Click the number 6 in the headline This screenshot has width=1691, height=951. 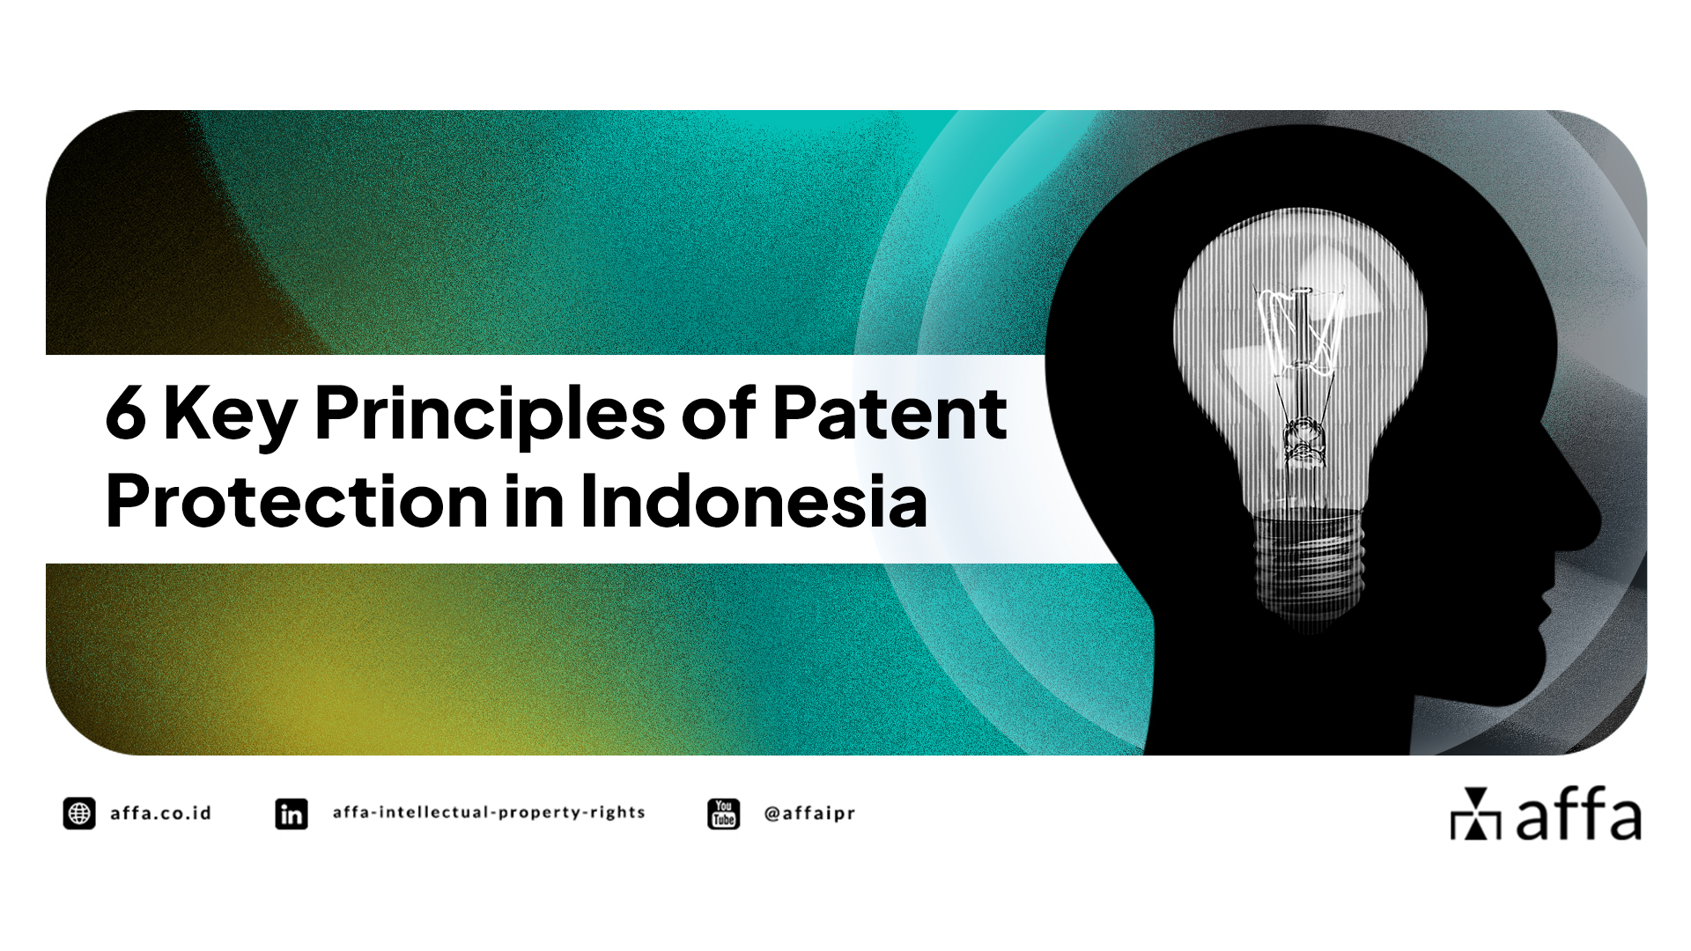[x=125, y=414]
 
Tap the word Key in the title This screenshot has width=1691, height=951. [x=230, y=416]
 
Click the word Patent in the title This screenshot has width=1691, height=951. [x=890, y=414]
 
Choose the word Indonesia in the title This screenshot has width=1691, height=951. [x=753, y=502]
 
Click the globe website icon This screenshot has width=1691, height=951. [x=79, y=814]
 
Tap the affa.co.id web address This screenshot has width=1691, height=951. [x=161, y=814]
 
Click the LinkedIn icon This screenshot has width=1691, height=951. [x=292, y=814]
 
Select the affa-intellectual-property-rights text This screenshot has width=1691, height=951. [x=489, y=813]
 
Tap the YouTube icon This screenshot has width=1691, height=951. [x=724, y=814]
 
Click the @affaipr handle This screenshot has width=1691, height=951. [x=810, y=814]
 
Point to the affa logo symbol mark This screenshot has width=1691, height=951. [x=1475, y=815]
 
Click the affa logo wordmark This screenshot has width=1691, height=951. [x=1578, y=815]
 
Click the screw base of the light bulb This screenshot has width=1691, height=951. [x=1309, y=564]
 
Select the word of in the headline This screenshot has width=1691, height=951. [x=718, y=414]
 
